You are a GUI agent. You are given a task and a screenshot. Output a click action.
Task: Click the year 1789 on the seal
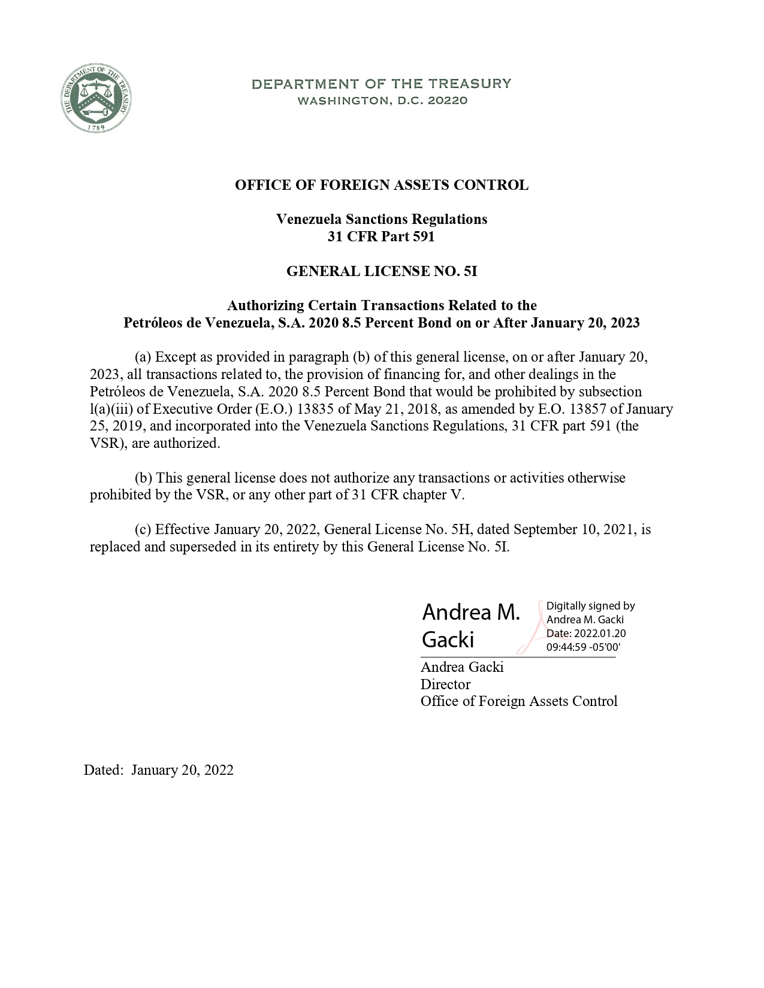[x=96, y=127]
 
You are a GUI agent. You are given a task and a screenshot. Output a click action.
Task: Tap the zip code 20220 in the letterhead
[x=446, y=101]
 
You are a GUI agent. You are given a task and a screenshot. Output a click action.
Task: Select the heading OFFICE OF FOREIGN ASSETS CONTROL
[x=381, y=185]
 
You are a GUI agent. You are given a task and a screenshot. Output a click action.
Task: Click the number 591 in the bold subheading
[x=422, y=237]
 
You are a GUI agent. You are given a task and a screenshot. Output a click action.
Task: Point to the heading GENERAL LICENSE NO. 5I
[x=381, y=271]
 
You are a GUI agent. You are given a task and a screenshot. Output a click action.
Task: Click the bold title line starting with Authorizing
[x=381, y=306]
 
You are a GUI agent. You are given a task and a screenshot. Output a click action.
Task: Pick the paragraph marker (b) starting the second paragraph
[x=143, y=478]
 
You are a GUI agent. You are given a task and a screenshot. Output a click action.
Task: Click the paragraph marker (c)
[x=143, y=529]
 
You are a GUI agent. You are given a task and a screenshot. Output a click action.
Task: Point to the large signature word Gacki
[x=448, y=640]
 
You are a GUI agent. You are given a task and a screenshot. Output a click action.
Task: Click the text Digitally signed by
[x=590, y=606]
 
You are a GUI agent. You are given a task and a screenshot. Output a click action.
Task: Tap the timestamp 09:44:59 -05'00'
[x=583, y=647]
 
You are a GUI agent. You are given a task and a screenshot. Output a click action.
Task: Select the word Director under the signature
[x=445, y=684]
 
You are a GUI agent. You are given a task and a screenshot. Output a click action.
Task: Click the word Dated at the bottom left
[x=103, y=770]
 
